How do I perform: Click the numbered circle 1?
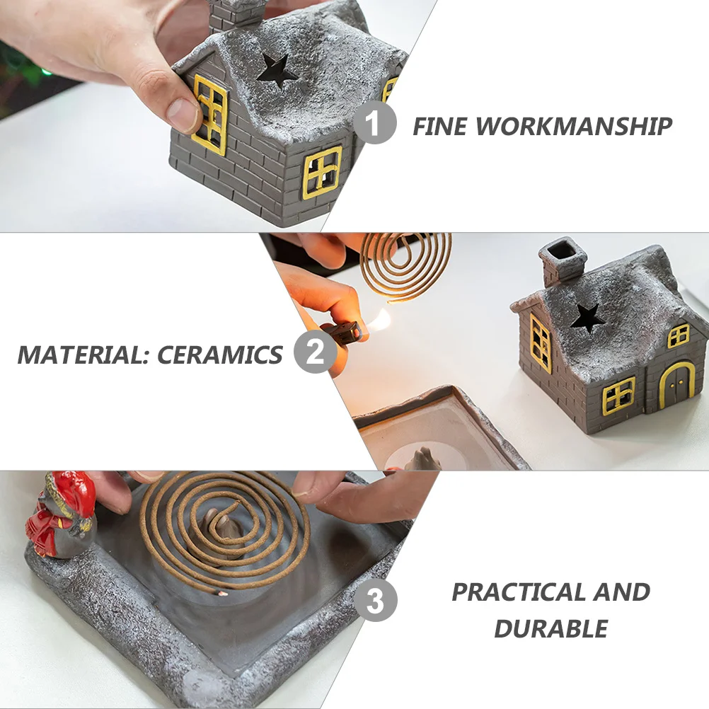click(x=374, y=122)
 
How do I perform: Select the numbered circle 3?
click(x=375, y=601)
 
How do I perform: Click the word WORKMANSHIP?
click(x=573, y=127)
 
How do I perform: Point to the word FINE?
click(x=440, y=127)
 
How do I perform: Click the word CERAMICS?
click(x=220, y=354)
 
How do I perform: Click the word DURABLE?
click(x=551, y=628)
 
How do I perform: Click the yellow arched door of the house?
click(x=676, y=386)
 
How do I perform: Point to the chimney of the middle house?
click(x=562, y=260)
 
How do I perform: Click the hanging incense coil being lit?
click(x=405, y=265)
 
